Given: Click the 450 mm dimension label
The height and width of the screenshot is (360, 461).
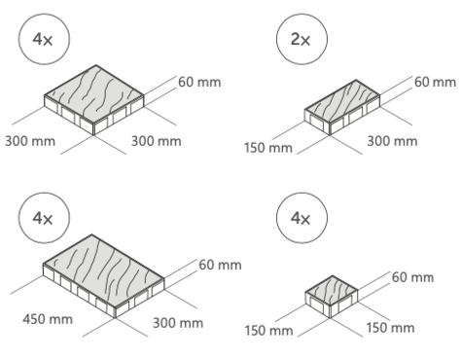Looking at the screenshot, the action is (48, 319).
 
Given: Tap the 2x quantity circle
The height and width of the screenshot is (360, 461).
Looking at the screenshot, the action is (301, 39).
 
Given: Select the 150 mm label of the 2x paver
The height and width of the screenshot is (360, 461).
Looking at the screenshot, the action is (268, 148).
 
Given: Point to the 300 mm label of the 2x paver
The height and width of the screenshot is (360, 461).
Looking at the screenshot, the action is (392, 141).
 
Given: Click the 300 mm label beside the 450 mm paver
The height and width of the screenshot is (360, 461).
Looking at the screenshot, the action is (178, 323).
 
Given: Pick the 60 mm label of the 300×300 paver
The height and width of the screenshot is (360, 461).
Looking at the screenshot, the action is (199, 82).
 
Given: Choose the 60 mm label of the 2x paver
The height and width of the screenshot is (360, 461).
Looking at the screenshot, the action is (435, 82).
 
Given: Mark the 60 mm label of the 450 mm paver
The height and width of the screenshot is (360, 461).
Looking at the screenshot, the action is (220, 265).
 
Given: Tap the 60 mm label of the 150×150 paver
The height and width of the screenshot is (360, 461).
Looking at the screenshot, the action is (412, 277).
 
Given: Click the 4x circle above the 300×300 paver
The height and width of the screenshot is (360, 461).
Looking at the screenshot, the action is (44, 39).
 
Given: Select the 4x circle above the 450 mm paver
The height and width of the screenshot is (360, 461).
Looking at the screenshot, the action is (44, 218).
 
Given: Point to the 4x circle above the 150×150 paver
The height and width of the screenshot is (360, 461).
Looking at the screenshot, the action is (301, 218).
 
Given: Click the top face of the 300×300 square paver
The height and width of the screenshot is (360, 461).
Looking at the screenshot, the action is (94, 94).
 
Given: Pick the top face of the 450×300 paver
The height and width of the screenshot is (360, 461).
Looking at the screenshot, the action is (104, 270).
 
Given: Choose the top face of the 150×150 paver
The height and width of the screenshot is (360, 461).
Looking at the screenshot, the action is (332, 291).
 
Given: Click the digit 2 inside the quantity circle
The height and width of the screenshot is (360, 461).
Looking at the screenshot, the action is (296, 39).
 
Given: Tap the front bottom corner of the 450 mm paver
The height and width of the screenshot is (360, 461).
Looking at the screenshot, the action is (116, 318).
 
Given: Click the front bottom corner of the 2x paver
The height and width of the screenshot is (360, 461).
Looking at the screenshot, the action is (330, 135).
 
